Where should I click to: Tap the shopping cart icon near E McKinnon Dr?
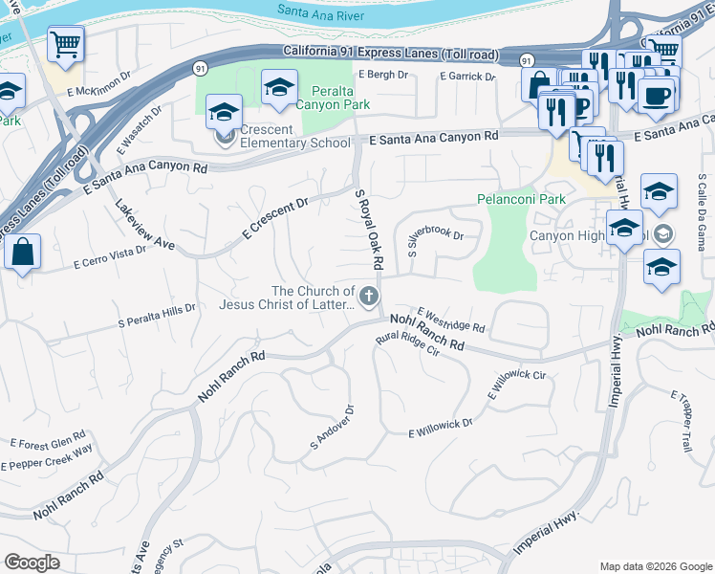[65, 43]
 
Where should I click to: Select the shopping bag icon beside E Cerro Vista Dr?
[22, 253]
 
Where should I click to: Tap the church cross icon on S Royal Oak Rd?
[369, 297]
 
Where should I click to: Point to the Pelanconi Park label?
[521, 200]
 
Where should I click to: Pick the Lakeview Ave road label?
[144, 226]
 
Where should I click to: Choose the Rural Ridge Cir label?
[406, 344]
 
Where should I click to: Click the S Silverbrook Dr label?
[436, 243]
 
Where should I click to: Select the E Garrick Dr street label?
[467, 77]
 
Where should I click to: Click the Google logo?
[32, 563]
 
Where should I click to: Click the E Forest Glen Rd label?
[48, 442]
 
